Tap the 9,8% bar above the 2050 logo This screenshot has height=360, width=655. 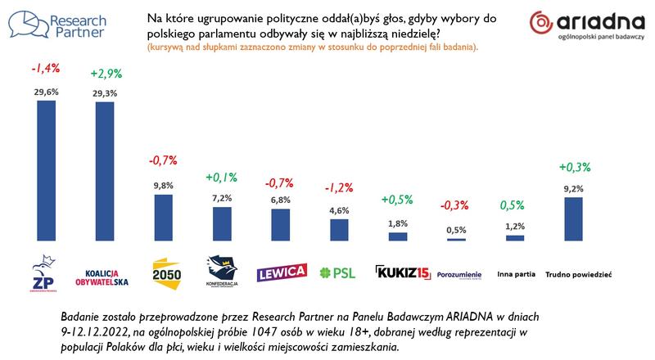(x=164, y=217)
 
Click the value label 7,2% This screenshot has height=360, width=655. (x=222, y=198)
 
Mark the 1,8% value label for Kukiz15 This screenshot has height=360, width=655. (x=397, y=223)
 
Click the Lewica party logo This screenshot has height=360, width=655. (x=282, y=271)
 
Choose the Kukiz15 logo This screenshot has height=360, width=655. (x=399, y=271)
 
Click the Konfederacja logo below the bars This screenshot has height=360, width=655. (x=222, y=269)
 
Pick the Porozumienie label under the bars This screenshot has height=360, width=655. (x=459, y=272)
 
